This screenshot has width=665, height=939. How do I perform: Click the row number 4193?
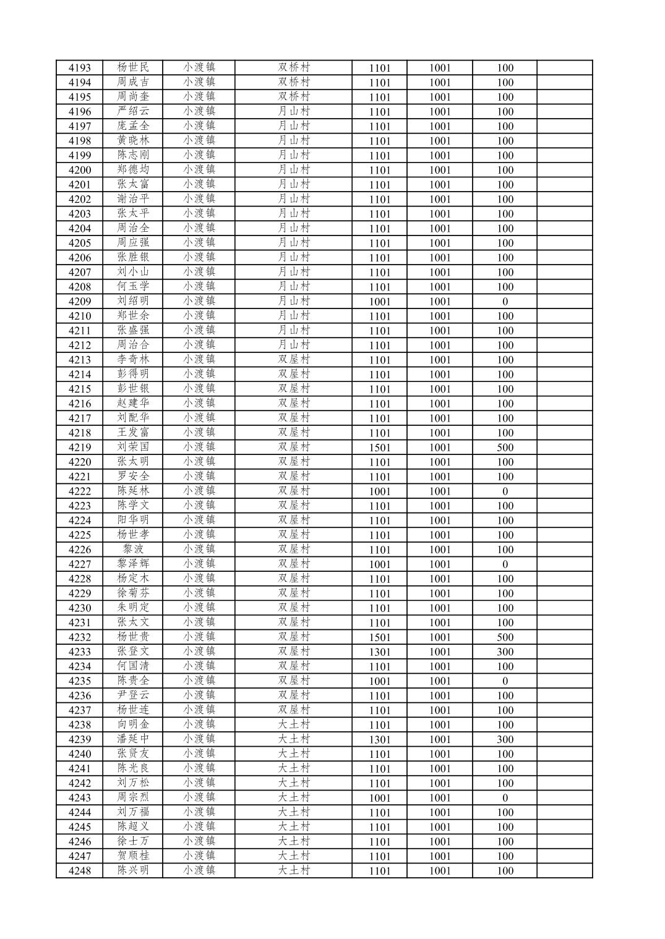[79, 68]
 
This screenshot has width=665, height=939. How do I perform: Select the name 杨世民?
[133, 67]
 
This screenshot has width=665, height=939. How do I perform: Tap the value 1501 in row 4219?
[380, 448]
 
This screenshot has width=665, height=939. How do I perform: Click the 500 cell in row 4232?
[505, 637]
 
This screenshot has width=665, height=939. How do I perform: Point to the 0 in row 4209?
[505, 302]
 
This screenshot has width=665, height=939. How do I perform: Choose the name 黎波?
[133, 549]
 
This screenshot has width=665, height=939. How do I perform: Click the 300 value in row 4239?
[505, 739]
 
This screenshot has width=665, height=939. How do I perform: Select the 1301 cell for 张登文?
[380, 652]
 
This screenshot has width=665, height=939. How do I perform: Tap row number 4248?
[79, 871]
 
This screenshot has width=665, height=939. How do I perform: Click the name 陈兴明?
[133, 870]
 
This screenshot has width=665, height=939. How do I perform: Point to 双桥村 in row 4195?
[293, 96]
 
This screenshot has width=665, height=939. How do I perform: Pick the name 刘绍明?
[133, 301]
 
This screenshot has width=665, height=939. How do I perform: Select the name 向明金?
[133, 724]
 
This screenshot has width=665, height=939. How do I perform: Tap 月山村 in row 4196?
[293, 111]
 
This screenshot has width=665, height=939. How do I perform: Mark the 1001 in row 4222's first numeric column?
[380, 491]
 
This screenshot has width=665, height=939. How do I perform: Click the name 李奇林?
[133, 359]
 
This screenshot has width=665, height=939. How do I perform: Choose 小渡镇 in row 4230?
[199, 608]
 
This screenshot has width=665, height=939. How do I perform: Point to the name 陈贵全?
[133, 681]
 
